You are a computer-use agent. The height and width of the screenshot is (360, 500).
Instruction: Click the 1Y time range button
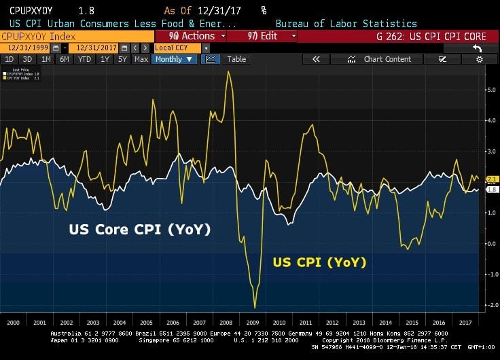(105, 59)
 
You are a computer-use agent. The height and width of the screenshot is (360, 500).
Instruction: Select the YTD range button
(85, 59)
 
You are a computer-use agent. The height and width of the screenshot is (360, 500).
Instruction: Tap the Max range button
(141, 59)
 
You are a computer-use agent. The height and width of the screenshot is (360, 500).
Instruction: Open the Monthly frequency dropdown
(175, 59)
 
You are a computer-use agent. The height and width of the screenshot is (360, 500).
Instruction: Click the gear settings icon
(480, 59)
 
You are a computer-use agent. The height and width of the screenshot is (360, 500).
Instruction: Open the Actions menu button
(191, 36)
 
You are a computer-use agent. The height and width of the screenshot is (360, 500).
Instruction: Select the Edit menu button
(262, 36)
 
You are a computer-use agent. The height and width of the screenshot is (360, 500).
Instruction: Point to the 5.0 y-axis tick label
(490, 90)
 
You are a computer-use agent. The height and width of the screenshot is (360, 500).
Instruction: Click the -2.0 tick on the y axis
(490, 305)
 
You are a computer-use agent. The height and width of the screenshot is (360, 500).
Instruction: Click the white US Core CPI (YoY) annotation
(139, 230)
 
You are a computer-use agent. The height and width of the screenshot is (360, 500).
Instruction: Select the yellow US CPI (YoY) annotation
(319, 262)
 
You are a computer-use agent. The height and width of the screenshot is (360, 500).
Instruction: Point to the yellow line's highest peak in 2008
(228, 71)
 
